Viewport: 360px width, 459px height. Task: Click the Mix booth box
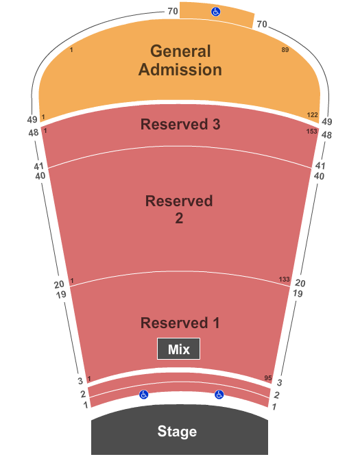click(179, 349)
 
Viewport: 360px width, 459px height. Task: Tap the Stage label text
click(177, 431)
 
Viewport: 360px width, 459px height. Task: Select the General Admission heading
click(180, 60)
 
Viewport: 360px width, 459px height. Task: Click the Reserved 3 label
click(180, 124)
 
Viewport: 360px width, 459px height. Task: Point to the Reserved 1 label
click(180, 323)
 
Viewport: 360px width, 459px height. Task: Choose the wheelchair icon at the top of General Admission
click(216, 12)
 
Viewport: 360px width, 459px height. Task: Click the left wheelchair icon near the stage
click(143, 395)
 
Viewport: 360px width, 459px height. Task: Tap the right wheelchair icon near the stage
click(219, 395)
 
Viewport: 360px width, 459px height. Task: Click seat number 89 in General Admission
click(285, 50)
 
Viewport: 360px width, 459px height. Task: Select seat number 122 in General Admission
click(312, 115)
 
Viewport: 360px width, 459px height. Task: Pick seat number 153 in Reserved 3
click(312, 131)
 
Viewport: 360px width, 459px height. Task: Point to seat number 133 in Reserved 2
click(284, 280)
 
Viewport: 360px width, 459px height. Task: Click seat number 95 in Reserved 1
click(268, 378)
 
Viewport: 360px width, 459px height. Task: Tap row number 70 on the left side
click(173, 11)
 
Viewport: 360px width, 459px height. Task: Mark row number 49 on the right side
click(327, 121)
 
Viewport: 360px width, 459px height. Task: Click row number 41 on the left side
click(38, 166)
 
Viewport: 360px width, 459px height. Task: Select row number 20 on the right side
click(300, 283)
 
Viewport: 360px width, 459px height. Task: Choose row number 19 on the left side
click(61, 295)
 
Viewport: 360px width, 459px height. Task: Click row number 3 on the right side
click(280, 382)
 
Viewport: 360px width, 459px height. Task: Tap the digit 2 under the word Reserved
click(179, 218)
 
